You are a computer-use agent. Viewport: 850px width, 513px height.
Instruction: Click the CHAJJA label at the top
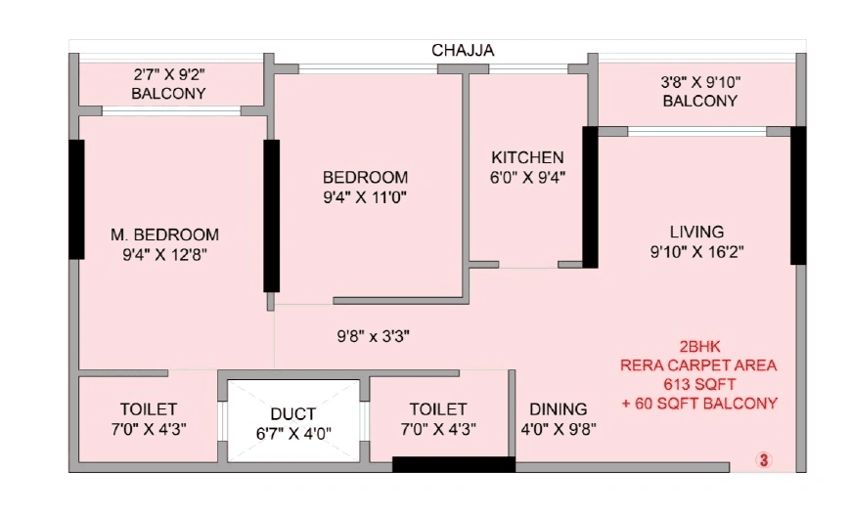pos(464,50)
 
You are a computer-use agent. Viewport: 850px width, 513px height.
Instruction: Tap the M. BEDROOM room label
pos(164,235)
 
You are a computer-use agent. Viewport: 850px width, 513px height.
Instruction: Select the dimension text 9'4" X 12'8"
pos(164,254)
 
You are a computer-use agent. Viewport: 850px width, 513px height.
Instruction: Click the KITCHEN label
pos(527,157)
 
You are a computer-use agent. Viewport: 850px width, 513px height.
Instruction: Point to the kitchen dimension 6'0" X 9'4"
pos(527,177)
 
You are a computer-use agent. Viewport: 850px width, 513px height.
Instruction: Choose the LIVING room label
pos(696,232)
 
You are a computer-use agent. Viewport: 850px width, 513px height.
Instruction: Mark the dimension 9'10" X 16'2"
pos(696,251)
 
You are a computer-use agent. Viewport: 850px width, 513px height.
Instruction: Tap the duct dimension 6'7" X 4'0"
pos(293,433)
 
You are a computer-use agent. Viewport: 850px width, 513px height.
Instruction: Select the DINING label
pos(558,409)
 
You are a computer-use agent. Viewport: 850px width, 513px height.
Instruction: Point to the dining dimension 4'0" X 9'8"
pos(558,429)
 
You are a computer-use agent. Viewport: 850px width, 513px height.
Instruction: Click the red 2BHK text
pos(698,347)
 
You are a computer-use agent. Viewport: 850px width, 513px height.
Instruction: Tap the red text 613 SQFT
pos(698,384)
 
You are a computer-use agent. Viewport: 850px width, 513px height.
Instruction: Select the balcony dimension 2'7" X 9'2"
pos(168,74)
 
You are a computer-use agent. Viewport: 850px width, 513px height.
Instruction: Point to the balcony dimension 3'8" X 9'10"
pos(699,82)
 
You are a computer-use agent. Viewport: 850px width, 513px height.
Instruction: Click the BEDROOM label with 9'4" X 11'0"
pos(365,177)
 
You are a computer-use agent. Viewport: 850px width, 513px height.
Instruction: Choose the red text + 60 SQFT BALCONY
pos(698,403)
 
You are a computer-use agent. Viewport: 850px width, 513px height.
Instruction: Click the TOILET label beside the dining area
pos(438,409)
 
